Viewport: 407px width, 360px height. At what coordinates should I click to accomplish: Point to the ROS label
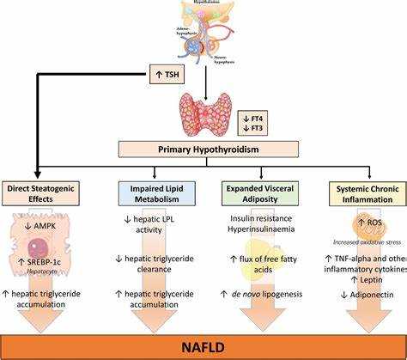coord(354,222)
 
